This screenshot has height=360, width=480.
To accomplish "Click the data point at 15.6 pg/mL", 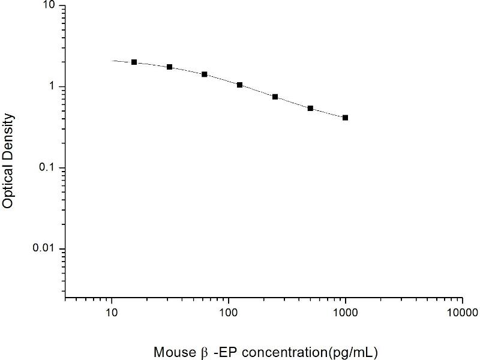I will (x=134, y=62).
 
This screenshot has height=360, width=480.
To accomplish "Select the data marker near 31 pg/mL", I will (x=170, y=67).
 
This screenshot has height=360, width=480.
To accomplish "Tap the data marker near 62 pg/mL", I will (x=205, y=74).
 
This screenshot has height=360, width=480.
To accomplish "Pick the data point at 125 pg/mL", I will (x=239, y=85).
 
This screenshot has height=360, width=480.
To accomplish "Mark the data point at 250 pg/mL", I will (x=275, y=97).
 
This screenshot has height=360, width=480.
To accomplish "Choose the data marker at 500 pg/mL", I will (x=310, y=108).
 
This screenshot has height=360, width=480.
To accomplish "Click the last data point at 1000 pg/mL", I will (x=346, y=118).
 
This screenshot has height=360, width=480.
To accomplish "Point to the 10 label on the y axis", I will (x=50, y=5).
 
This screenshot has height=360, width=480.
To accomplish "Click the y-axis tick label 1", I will (x=53, y=86).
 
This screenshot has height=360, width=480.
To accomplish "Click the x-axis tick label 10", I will (x=111, y=313).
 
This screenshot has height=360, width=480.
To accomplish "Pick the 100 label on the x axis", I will (x=228, y=313).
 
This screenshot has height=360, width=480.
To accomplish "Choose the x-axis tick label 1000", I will (x=345, y=313).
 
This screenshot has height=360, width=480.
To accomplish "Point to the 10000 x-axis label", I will (x=462, y=313).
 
